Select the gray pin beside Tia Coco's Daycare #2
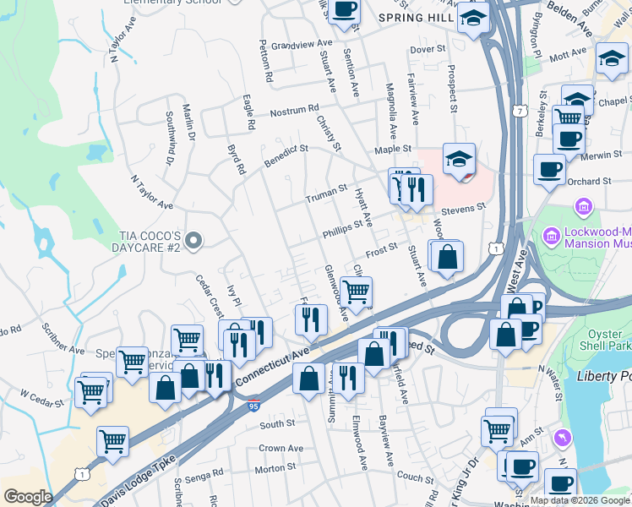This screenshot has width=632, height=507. tap(194, 242)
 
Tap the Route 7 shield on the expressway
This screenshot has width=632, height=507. tap(516, 111)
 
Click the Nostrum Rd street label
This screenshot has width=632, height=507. tap(294, 110)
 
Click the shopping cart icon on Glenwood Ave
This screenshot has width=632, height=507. tap(357, 292)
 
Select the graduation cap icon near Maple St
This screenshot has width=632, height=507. tap(460, 158)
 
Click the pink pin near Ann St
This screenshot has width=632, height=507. tap(559, 437)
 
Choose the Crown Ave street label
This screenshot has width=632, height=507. tap(281, 448)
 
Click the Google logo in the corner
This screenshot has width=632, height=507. tap(28, 496)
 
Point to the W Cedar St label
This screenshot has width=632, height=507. tap(41, 395)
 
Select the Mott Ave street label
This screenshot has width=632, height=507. tap(567, 55)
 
